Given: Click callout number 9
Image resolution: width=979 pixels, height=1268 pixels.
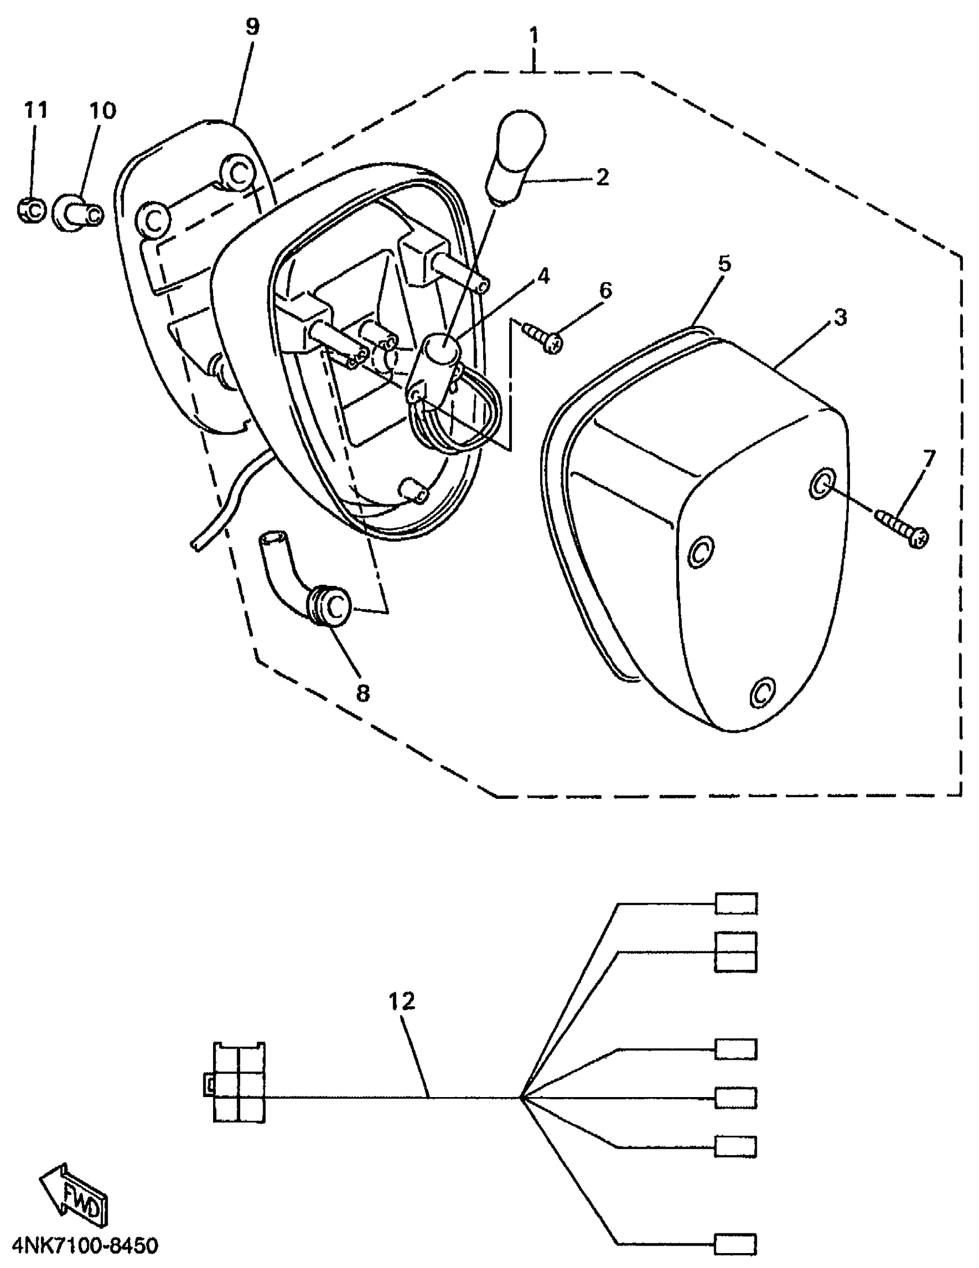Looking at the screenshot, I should click(x=252, y=26).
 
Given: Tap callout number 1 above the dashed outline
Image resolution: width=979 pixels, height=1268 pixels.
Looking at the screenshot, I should click(x=533, y=36).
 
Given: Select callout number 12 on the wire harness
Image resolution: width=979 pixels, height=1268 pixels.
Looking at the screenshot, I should click(x=402, y=1002).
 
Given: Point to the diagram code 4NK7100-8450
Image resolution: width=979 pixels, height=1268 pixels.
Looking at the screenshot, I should click(x=84, y=1246).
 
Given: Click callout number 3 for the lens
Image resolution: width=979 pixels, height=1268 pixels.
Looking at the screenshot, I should click(x=840, y=318).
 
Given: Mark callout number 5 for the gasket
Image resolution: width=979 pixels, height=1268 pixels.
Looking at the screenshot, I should click(x=724, y=265).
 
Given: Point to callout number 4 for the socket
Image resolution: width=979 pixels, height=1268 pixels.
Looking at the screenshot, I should click(x=542, y=276).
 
